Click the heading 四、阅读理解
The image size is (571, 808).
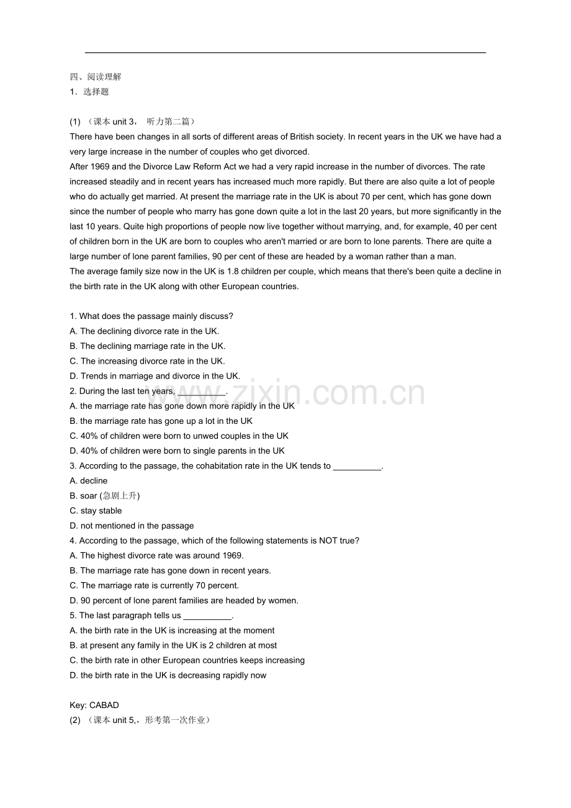tap(96, 77)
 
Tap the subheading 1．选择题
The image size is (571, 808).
tap(89, 92)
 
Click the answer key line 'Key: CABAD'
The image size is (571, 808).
tap(94, 705)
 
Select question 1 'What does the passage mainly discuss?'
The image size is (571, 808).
tap(151, 316)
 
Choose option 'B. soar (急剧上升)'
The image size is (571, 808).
tap(105, 496)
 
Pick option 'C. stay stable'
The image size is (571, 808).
tap(96, 511)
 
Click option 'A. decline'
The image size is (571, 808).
tap(89, 481)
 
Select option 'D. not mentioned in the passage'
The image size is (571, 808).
tap(132, 526)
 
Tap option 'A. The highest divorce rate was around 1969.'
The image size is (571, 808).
tap(156, 555)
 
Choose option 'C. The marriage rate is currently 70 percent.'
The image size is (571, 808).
tap(155, 585)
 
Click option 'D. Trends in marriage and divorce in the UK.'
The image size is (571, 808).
tap(155, 376)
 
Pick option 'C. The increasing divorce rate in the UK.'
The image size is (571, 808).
tap(148, 361)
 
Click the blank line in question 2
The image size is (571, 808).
tap(202, 392)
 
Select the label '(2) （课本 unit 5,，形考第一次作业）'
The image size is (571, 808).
tap(140, 720)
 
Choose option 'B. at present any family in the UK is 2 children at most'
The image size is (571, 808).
tap(174, 645)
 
